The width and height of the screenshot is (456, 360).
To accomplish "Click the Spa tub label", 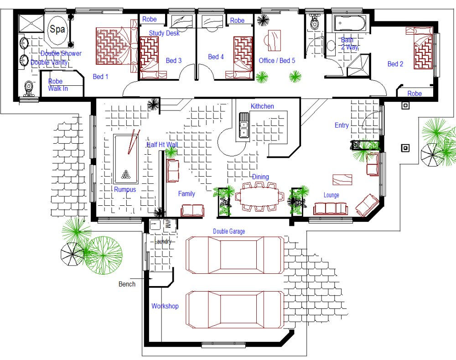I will coord(57,30).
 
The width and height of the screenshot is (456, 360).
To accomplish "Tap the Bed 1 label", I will coord(100,77).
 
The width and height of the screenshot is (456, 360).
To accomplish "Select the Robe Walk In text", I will coord(58,85).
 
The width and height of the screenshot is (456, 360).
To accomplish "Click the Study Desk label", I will coord(164,33).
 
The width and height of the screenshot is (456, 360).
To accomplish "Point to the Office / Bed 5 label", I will coord(277,61).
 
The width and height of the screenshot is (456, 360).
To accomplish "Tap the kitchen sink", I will coord(244,125).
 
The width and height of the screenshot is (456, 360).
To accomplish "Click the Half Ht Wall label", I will coord(162,145).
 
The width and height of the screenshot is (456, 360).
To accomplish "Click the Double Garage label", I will coord(229,231).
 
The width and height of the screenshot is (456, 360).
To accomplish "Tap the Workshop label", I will coord(165,306).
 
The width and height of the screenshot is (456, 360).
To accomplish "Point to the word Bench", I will coord(127,284).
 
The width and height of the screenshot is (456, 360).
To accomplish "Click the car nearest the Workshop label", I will coord(235,310).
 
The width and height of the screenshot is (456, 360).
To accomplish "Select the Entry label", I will coord(342,125).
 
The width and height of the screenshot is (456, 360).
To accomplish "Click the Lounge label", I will coord(332,195).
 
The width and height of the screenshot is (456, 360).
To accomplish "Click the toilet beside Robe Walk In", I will coord(29,87).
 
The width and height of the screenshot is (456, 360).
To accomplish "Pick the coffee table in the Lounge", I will coord(342,179).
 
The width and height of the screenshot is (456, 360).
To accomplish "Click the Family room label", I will coord(187,194).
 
